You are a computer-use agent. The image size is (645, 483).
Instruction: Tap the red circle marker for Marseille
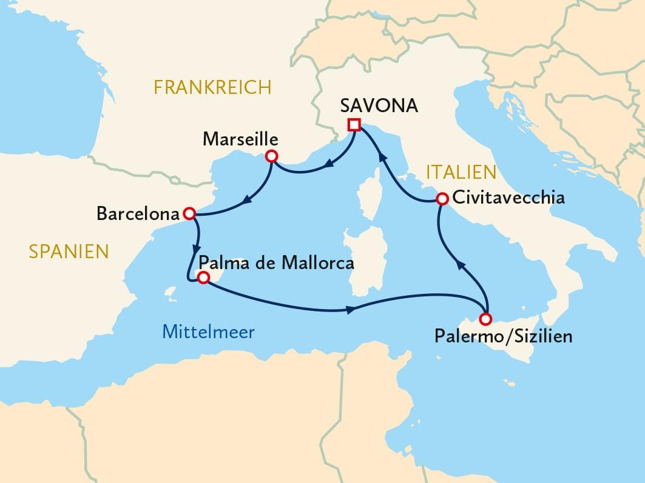272,157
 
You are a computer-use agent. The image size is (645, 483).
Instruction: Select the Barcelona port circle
189,213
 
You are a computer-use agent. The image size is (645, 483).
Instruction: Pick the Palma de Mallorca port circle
204,278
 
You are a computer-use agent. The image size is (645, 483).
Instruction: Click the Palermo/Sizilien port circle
485,319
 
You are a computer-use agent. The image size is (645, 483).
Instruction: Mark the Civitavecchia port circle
442,198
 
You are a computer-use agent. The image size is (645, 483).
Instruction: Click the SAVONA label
379,105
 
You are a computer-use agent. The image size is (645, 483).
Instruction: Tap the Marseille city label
240,139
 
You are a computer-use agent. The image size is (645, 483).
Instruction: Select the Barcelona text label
138,214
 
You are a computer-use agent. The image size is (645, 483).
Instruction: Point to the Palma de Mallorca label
276,263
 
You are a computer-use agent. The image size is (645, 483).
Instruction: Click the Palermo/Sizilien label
503,336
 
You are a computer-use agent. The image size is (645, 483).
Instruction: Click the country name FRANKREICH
212,87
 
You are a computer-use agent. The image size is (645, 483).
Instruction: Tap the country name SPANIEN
69,251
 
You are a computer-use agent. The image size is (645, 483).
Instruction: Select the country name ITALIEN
461,172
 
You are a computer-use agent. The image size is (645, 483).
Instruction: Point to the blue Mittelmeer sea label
208,331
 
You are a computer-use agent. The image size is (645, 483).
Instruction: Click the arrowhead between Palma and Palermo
351,310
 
